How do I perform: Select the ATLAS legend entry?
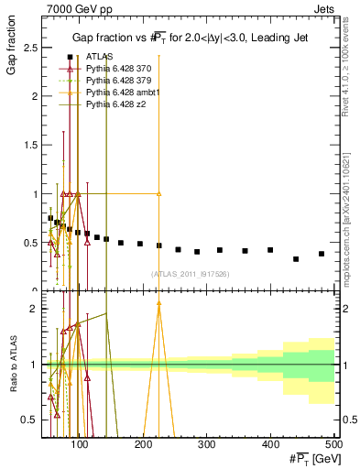(x=100, y=57)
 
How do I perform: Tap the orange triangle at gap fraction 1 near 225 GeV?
(x=158, y=194)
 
